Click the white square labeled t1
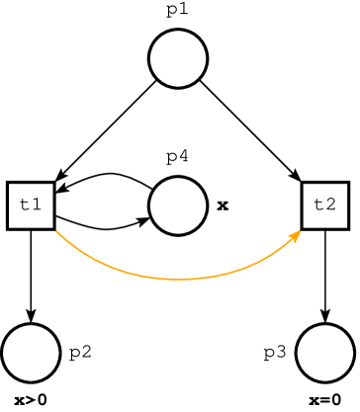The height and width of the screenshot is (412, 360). click(x=31, y=206)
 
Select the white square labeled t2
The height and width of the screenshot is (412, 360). click(x=324, y=206)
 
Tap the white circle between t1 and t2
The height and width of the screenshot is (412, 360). click(x=178, y=206)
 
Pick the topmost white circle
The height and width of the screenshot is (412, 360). click(x=178, y=58)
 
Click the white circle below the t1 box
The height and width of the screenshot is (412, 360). click(x=31, y=353)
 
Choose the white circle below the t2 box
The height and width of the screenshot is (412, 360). click(x=325, y=353)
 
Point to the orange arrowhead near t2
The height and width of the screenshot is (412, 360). click(x=296, y=235)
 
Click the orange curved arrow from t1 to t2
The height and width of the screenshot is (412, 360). click(x=119, y=268)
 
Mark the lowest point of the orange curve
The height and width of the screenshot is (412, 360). click(x=179, y=280)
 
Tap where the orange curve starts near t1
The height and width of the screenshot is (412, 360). click(x=56, y=231)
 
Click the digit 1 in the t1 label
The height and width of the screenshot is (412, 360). click(x=37, y=206)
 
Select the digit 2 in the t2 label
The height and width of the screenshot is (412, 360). click(x=330, y=206)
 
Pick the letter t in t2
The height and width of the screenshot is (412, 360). click(x=318, y=206)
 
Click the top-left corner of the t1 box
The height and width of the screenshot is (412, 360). click(x=10, y=185)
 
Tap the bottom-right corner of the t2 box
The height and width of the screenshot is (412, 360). click(x=345, y=226)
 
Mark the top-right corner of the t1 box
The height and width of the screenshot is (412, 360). click(x=51, y=185)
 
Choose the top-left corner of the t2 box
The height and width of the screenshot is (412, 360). click(x=304, y=185)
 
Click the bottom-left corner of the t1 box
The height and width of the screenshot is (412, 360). click(x=10, y=226)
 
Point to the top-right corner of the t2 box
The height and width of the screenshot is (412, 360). click(x=345, y=185)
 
